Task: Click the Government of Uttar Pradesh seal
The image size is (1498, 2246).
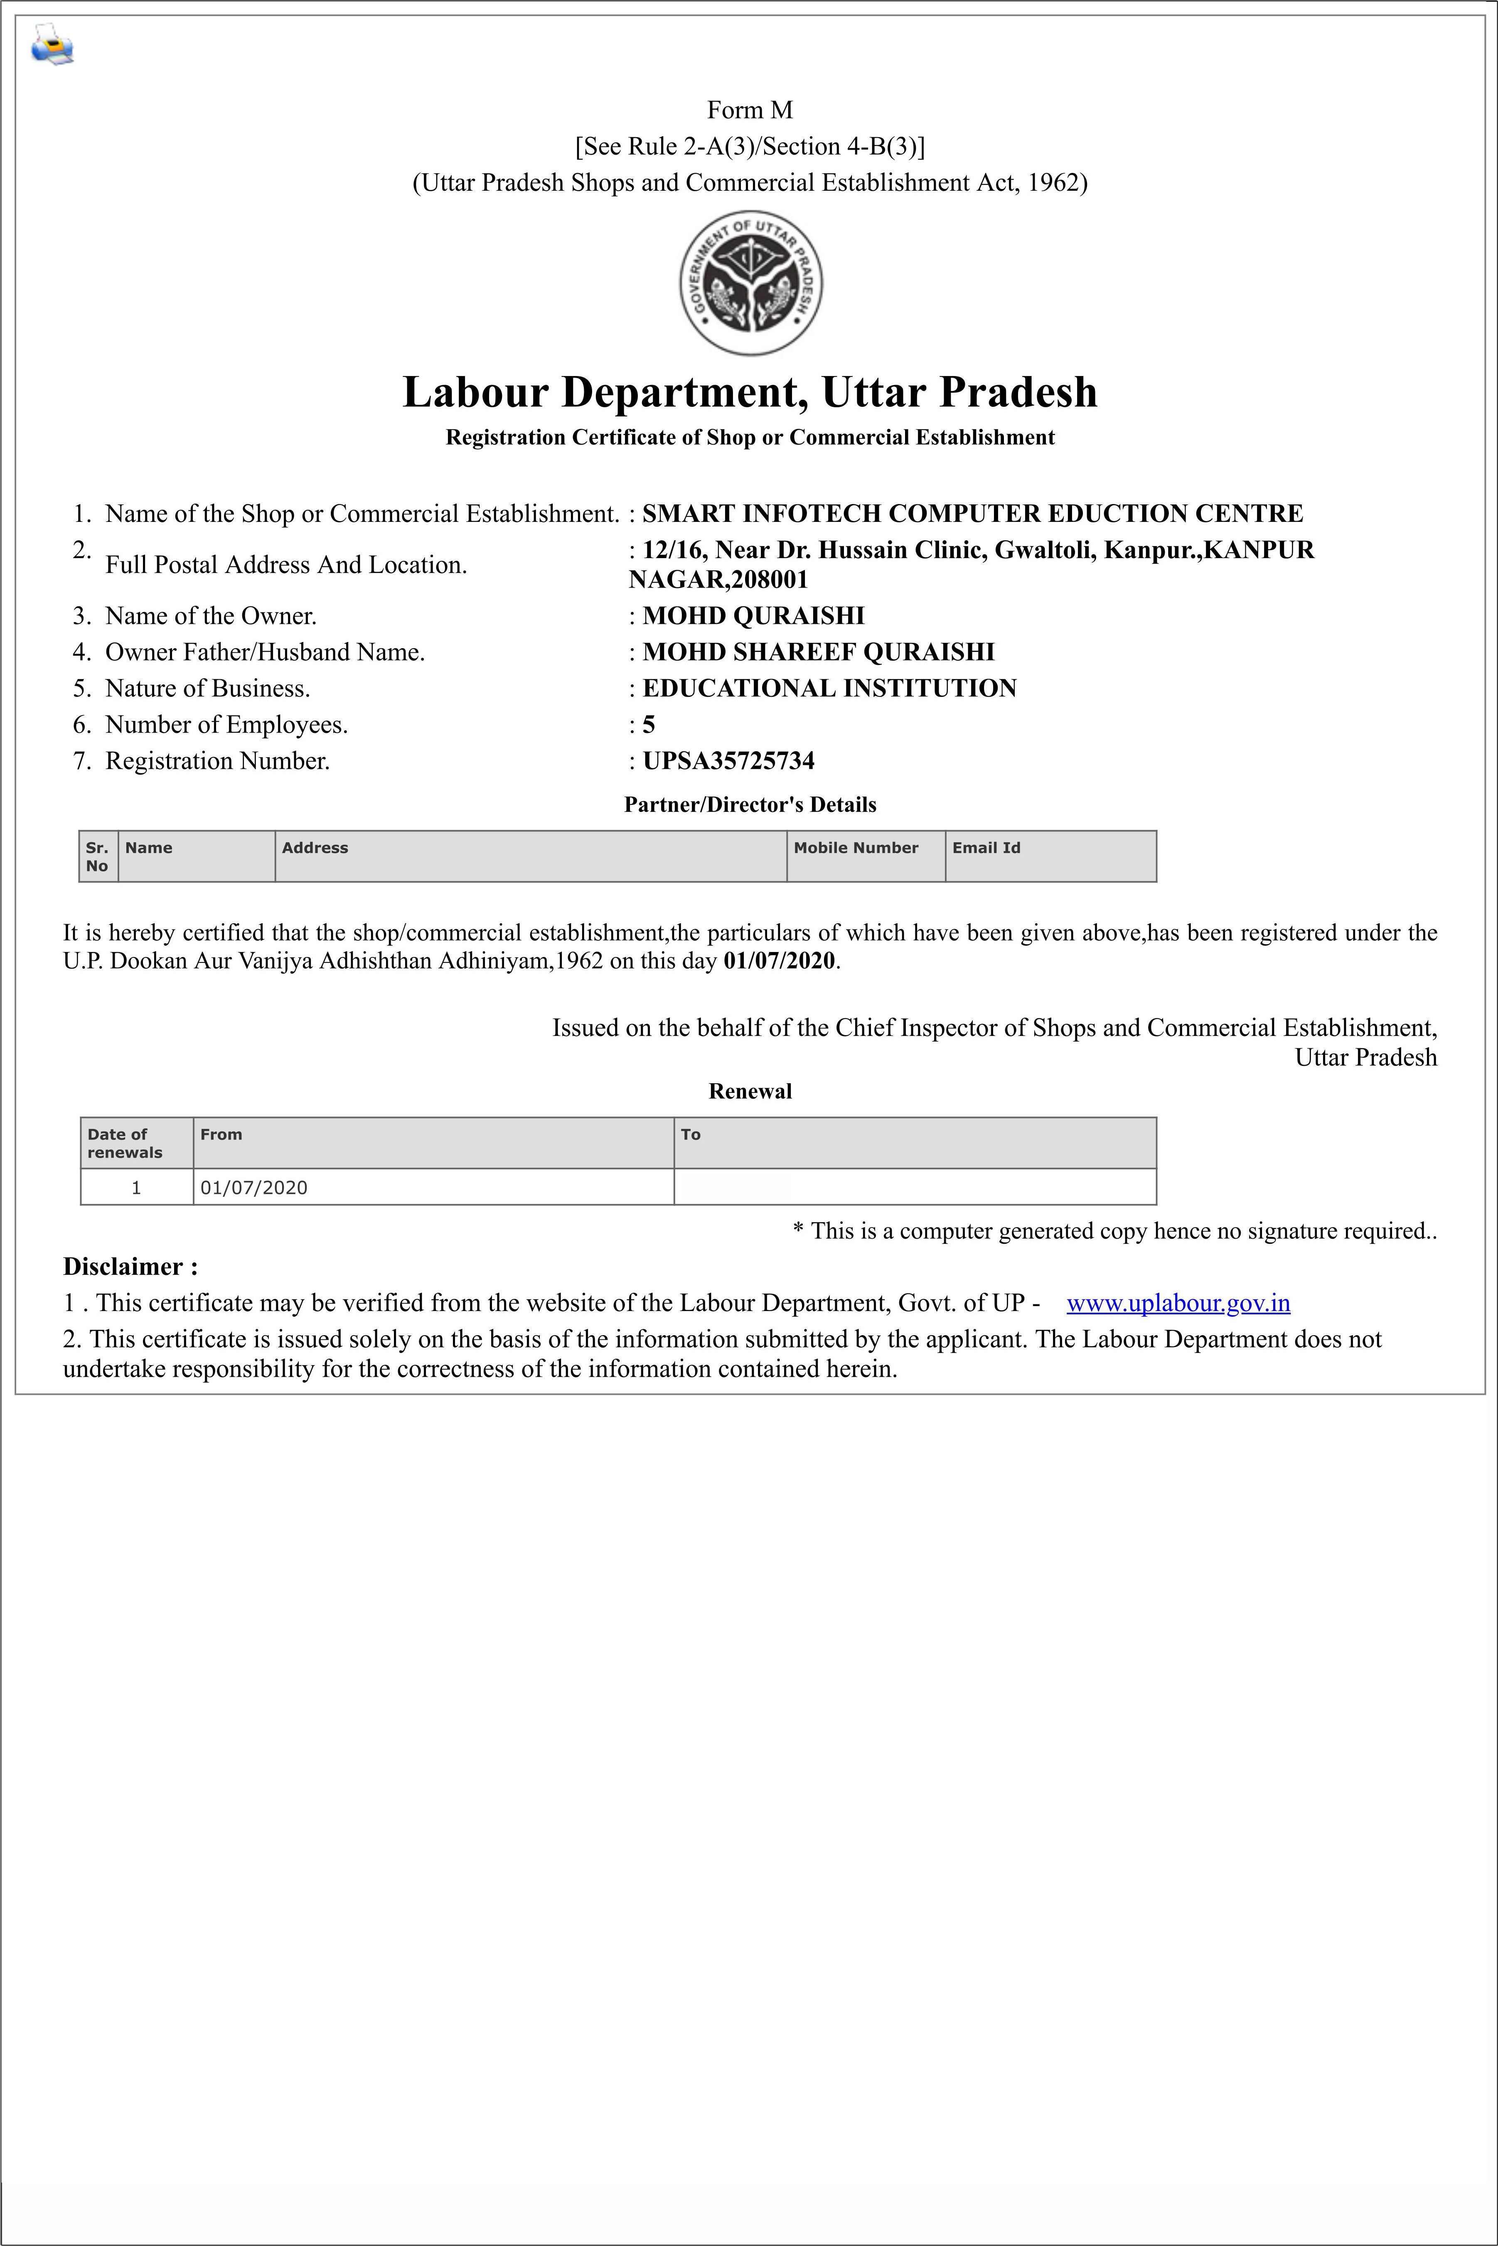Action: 750,283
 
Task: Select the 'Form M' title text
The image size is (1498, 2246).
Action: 750,110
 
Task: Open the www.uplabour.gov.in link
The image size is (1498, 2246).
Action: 1178,1303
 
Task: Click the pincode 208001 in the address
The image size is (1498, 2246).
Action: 769,580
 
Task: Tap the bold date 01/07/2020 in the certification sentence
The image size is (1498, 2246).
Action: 779,961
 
